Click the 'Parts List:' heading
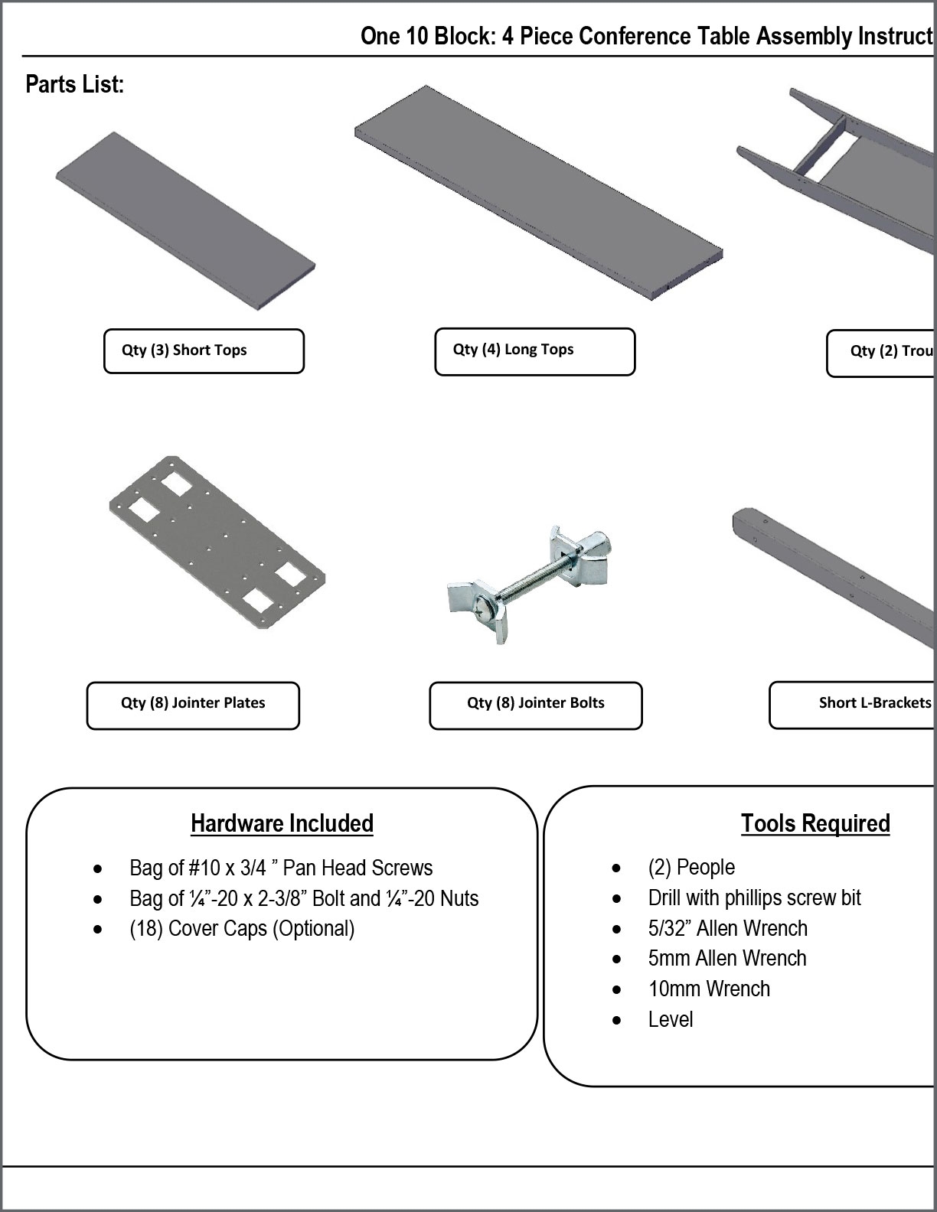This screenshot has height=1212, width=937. point(74,84)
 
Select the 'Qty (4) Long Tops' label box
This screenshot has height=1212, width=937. point(534,350)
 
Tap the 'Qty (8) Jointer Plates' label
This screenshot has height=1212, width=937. point(193,703)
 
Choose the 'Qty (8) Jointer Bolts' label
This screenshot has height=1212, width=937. point(536,703)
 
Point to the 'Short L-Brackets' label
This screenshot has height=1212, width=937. point(874,703)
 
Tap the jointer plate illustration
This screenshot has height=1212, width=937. point(217,542)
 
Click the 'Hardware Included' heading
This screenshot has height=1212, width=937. point(282,824)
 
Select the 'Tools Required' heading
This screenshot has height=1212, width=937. point(815,824)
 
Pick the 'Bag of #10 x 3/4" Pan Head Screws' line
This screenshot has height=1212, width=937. point(281,868)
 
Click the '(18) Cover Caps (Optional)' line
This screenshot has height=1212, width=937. point(242,929)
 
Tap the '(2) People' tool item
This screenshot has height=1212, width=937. point(691,868)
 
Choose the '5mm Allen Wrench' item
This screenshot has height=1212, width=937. point(727,959)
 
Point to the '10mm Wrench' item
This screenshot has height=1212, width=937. point(709,989)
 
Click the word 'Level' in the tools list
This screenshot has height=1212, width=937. point(671,1020)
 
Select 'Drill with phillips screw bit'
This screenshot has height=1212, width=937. point(754,898)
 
